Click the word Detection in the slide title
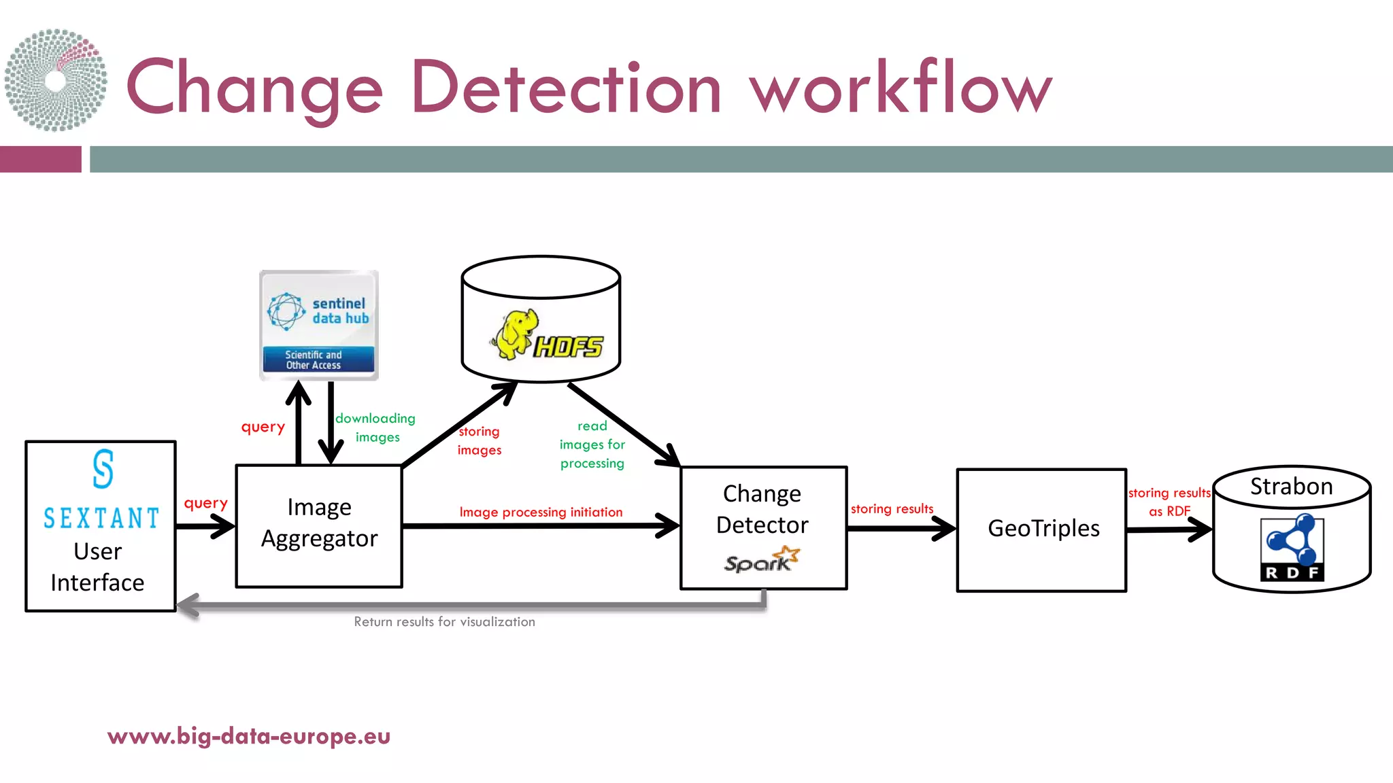(x=566, y=88)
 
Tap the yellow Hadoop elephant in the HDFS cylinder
(x=516, y=334)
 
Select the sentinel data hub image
(x=319, y=325)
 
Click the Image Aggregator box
(x=319, y=525)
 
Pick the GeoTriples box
(x=1041, y=529)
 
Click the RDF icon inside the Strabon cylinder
(x=1292, y=547)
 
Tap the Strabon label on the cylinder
(x=1291, y=487)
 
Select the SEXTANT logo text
(x=101, y=519)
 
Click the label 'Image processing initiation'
(x=541, y=512)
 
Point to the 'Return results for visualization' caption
(x=444, y=622)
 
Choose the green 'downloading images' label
(x=375, y=428)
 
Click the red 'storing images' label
(x=479, y=440)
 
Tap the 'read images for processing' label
(x=592, y=445)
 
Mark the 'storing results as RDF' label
(x=1169, y=502)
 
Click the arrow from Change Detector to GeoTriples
(x=901, y=528)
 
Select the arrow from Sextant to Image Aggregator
(x=205, y=526)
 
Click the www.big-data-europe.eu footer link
(x=249, y=736)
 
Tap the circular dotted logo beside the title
(x=56, y=80)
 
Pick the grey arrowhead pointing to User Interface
(x=188, y=605)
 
